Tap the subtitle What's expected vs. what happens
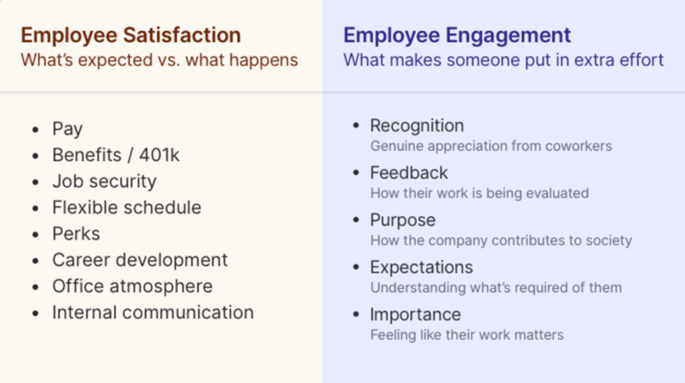(x=159, y=60)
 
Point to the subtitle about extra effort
(x=503, y=60)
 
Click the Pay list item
(x=67, y=129)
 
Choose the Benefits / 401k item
(x=116, y=155)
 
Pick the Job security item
(x=105, y=182)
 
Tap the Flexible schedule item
(x=127, y=208)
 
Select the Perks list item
(x=76, y=234)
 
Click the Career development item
(x=140, y=260)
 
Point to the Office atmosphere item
(x=133, y=286)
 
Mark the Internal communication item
(x=153, y=312)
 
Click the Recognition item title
(x=417, y=126)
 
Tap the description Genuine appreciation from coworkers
(x=491, y=146)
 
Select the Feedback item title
(x=409, y=173)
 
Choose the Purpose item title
(x=403, y=220)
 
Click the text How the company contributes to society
(x=501, y=241)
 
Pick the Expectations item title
(x=421, y=268)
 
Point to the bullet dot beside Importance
(x=356, y=314)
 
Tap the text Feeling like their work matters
(x=467, y=335)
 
